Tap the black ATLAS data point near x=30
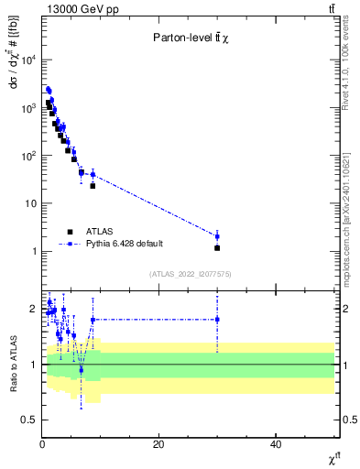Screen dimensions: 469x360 (217, 247)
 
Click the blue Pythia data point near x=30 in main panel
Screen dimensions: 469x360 (217, 236)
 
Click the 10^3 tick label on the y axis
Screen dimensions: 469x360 (28, 108)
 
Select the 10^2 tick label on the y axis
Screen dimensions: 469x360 (28, 156)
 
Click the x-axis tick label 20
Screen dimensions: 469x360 (158, 444)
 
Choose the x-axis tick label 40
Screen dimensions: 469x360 (276, 444)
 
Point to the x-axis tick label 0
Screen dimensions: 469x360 (42, 444)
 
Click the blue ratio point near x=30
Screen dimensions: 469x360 (217, 320)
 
